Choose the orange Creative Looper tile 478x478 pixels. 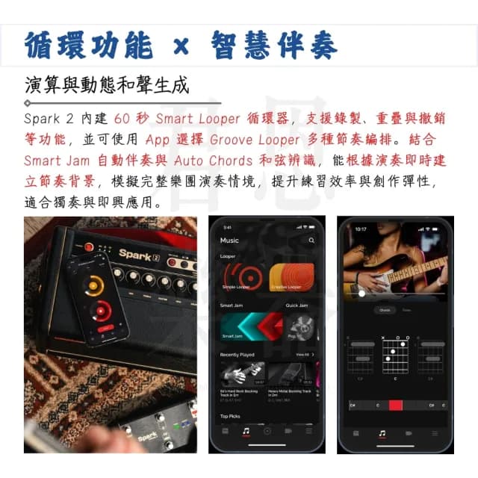[291, 277]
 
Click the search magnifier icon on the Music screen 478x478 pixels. [311, 240]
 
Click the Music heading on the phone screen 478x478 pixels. [229, 240]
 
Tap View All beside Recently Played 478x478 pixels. [303, 354]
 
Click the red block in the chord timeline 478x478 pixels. [395, 405]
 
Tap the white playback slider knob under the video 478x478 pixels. [362, 294]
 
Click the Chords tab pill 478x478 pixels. [385, 310]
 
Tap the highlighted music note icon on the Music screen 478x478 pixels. [246, 431]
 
